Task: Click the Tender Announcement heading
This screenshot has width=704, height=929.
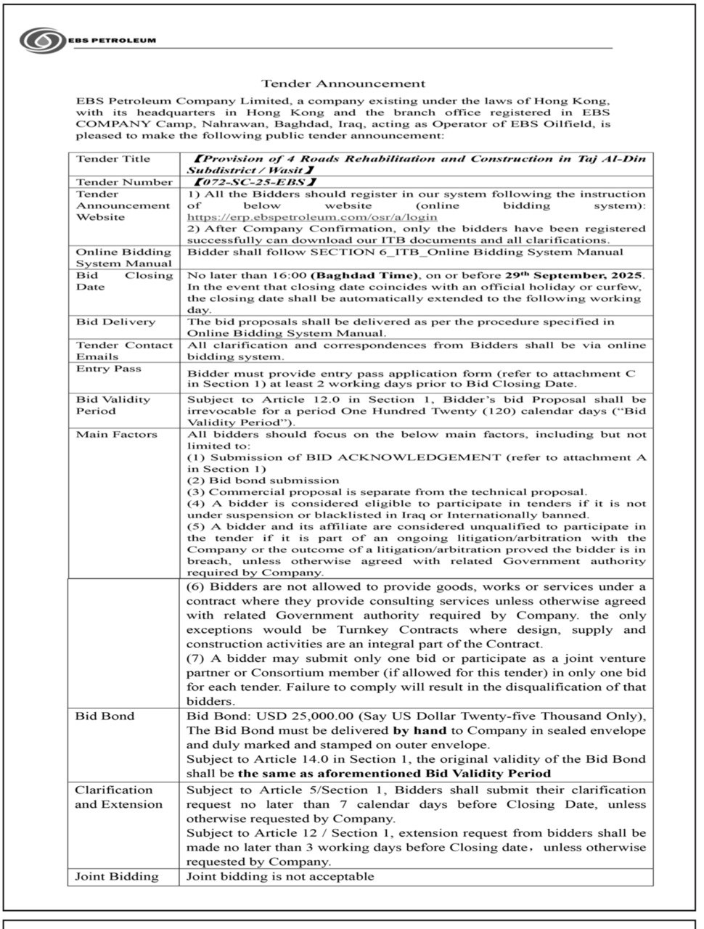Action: pyautogui.click(x=343, y=83)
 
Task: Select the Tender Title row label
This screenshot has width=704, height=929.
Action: pyautogui.click(x=113, y=159)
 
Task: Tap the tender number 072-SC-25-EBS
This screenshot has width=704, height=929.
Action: pyautogui.click(x=254, y=182)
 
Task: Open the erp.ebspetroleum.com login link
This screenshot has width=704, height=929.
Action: pyautogui.click(x=312, y=216)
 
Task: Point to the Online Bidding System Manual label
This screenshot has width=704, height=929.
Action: pyautogui.click(x=124, y=258)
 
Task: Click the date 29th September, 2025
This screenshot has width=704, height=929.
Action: pyautogui.click(x=573, y=276)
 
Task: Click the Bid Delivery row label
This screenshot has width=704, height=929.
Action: pyautogui.click(x=115, y=322)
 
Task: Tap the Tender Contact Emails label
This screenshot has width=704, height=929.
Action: pyautogui.click(x=124, y=351)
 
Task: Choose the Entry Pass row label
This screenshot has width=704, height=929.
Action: pyautogui.click(x=109, y=369)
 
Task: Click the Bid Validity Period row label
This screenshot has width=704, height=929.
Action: pyautogui.click(x=113, y=405)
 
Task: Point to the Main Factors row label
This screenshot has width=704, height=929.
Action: pyautogui.click(x=116, y=434)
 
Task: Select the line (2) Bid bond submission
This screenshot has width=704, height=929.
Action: pyautogui.click(x=263, y=480)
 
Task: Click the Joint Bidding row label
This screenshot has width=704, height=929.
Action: pyautogui.click(x=117, y=876)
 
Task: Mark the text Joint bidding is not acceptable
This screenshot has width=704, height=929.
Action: pyautogui.click(x=280, y=876)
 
